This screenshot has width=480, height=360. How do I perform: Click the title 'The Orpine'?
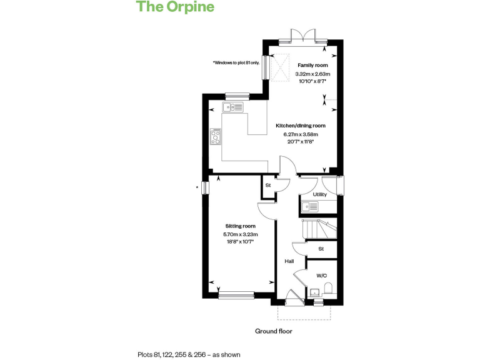[x=175, y=7]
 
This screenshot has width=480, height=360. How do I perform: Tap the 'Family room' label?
[x=312, y=65]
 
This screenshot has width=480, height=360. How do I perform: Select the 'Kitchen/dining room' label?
[x=301, y=126]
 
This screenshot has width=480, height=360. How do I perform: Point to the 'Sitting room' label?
[x=241, y=226]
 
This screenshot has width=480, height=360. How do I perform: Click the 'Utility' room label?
[x=319, y=194]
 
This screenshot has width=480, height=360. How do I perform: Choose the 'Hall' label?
[x=289, y=261]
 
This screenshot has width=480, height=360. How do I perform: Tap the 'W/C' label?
[x=321, y=276]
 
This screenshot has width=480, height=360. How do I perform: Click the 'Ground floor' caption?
[x=273, y=331]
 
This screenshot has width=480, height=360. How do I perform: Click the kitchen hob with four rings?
[x=216, y=136]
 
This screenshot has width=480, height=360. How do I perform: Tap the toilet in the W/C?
[x=329, y=288]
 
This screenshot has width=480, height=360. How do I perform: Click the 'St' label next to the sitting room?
[x=268, y=186]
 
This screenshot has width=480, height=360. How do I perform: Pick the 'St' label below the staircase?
[x=321, y=249]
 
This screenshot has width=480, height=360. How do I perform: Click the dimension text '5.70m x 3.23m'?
[x=241, y=234]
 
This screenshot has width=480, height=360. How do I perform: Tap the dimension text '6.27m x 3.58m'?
[x=301, y=134]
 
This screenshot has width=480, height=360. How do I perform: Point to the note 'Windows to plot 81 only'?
[x=235, y=62]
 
